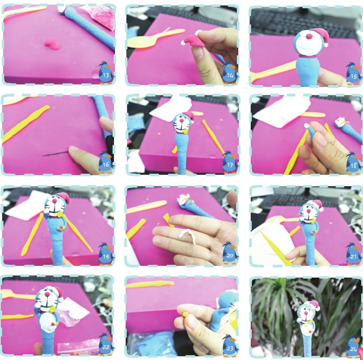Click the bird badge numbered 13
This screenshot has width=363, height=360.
106,73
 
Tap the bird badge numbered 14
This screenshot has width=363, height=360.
230,73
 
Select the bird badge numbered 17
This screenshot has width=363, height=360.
230,162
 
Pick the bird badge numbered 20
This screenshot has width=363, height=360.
230,253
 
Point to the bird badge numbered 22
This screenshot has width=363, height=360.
106,344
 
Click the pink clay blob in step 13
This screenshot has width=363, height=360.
53,44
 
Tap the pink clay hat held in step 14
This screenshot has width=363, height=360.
194,41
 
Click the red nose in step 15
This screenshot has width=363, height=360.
309,36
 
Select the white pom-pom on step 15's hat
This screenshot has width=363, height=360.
326,44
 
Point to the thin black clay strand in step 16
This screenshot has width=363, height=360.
56,154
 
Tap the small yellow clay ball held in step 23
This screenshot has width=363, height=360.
185,314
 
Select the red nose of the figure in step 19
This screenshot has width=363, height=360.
55,200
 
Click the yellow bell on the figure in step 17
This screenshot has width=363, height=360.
185,131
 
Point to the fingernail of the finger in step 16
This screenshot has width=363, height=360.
74,149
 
